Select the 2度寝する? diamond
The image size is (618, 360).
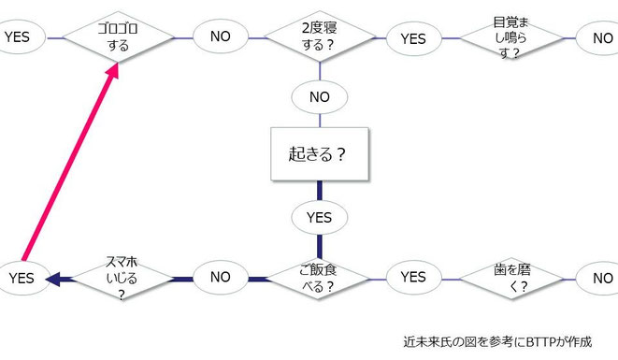tap(320, 37)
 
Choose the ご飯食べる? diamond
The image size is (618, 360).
tap(320, 278)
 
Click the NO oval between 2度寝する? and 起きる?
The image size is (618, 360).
tap(320, 96)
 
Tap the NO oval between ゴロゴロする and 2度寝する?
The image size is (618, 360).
tap(221, 37)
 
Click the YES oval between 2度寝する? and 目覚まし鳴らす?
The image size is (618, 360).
tap(412, 38)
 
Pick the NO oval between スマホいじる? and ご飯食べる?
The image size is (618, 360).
tap(221, 278)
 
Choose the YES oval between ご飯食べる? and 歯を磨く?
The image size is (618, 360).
tap(412, 278)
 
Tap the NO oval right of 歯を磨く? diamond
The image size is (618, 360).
tap(601, 278)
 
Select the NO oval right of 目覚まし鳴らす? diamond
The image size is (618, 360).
tap(601, 38)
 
